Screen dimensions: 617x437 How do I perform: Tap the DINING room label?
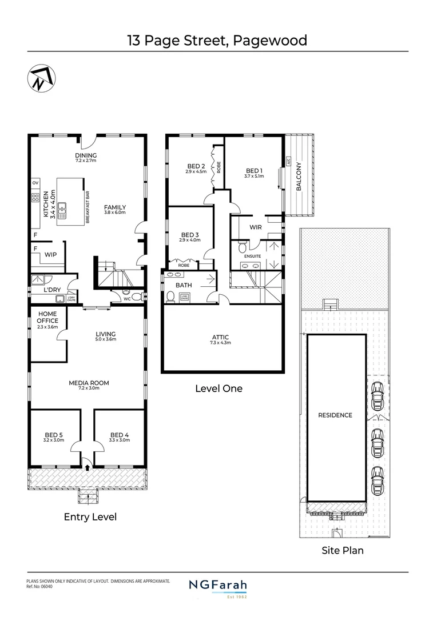[86, 155]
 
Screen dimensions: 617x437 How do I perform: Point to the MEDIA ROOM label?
[89, 383]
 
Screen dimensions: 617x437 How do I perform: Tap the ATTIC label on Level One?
[220, 338]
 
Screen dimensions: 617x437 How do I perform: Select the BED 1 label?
[255, 170]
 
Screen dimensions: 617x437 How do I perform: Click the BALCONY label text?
[298, 176]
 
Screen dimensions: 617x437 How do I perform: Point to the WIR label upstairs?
[256, 227]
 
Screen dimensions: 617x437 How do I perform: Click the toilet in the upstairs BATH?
[171, 297]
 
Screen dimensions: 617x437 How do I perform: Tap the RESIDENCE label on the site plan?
[335, 415]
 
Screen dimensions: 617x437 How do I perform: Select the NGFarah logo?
[218, 585]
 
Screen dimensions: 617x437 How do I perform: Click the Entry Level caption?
[90, 516]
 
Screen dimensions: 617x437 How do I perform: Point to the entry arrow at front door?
[87, 467]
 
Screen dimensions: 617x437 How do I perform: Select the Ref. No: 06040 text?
[43, 585]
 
